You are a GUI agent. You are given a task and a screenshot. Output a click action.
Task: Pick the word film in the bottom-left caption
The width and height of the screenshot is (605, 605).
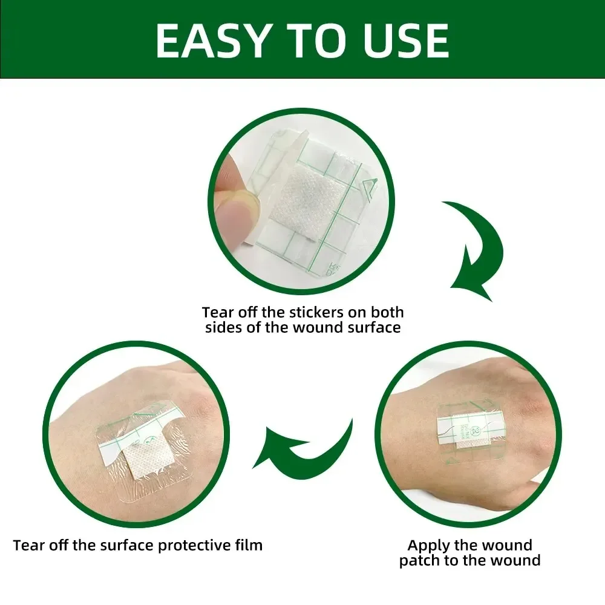coord(249,545)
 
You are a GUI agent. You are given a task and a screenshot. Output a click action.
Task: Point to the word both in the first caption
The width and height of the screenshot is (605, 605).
coord(387,313)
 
